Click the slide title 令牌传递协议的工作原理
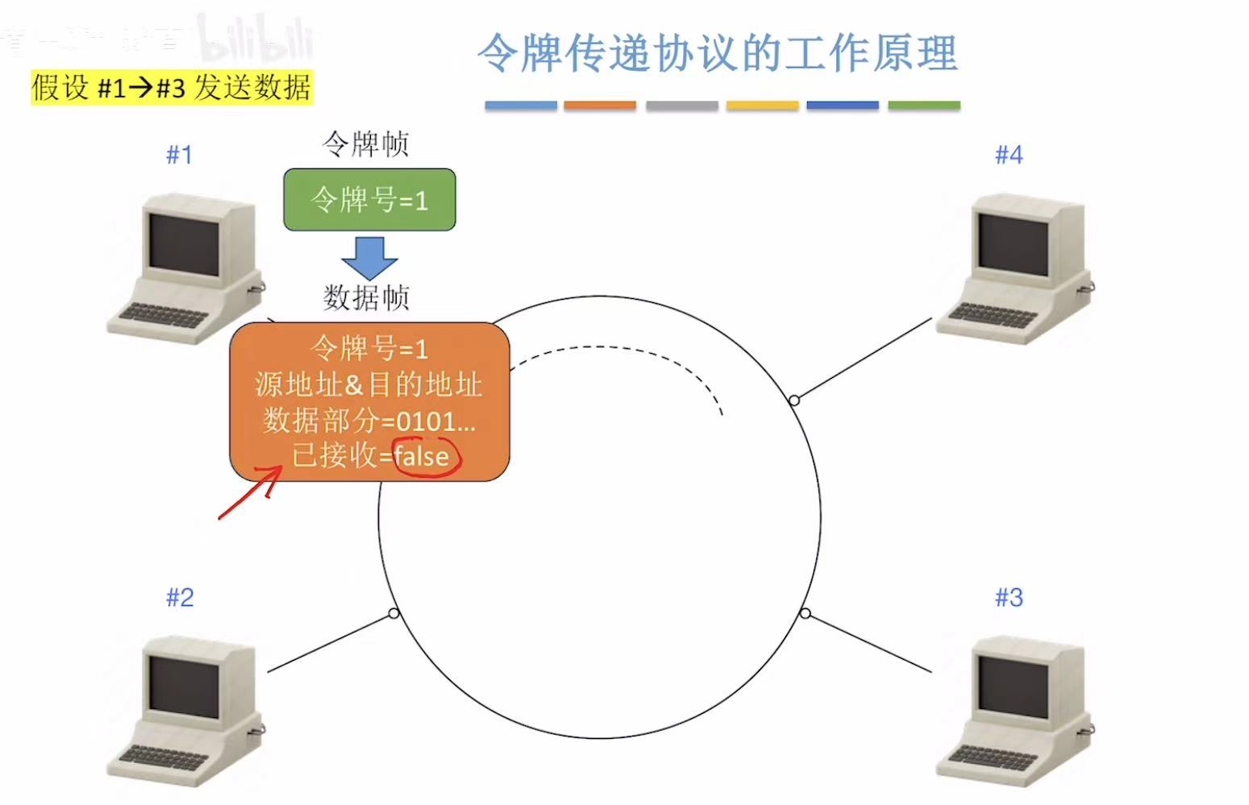[x=717, y=53]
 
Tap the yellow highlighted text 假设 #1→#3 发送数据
[x=171, y=87]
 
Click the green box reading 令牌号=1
[x=369, y=200]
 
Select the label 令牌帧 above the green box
[x=366, y=144]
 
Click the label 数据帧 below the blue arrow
[x=366, y=297]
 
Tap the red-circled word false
[x=422, y=457]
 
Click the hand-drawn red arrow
[x=250, y=492]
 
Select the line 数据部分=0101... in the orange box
[x=369, y=421]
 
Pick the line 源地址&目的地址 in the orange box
[x=369, y=384]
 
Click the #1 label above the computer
[x=179, y=155]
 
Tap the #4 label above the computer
[x=1009, y=155]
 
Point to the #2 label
[x=180, y=597]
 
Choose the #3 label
[x=1009, y=597]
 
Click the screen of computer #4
[x=1013, y=244]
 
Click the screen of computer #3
[x=1013, y=687]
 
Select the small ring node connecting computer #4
[x=794, y=400]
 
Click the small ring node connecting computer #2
[x=393, y=614]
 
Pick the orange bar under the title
[x=600, y=106]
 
